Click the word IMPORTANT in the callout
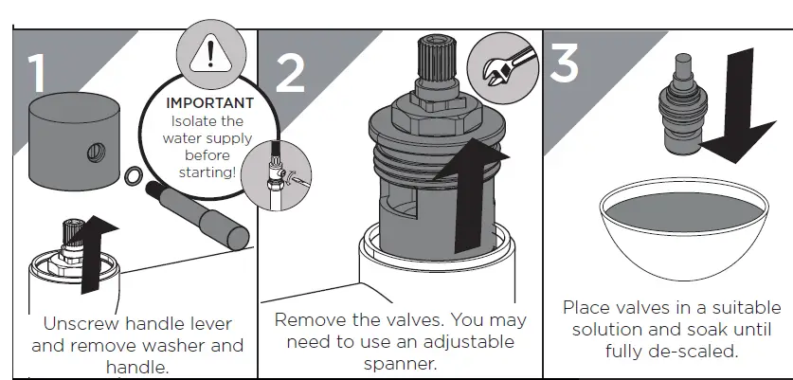(x=209, y=102)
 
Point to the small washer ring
(x=135, y=174)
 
